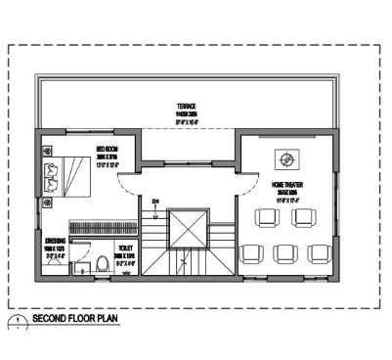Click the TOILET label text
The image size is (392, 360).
pyautogui.click(x=124, y=249)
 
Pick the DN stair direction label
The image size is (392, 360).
pyautogui.click(x=154, y=202)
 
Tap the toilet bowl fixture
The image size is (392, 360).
pyautogui.click(x=102, y=263)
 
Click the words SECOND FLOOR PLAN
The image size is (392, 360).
pyautogui.click(x=75, y=319)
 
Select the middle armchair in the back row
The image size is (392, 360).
pyautogui.click(x=284, y=252)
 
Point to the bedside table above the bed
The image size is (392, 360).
pyautogui.click(x=48, y=151)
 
